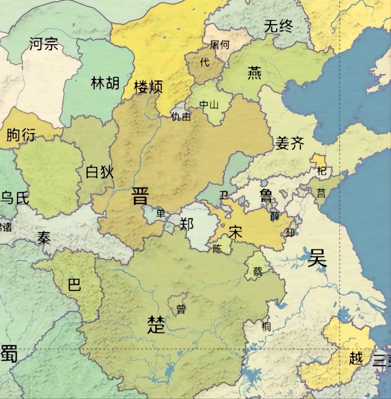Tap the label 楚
tap(156, 324)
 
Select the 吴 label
tap(317, 258)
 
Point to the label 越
tap(356, 358)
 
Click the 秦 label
tap(44, 238)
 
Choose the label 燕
tap(255, 73)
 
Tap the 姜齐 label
tap(290, 143)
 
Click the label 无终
tap(278, 26)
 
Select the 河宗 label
tap(44, 44)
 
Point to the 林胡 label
tap(105, 83)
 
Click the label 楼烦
tap(148, 87)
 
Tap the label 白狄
tap(100, 172)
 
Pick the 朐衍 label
tap(21, 135)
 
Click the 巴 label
tap(75, 285)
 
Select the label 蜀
tap(9, 354)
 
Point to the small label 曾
tap(181, 309)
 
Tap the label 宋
tap(235, 232)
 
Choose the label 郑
tap(186, 224)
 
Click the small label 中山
tap(209, 105)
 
